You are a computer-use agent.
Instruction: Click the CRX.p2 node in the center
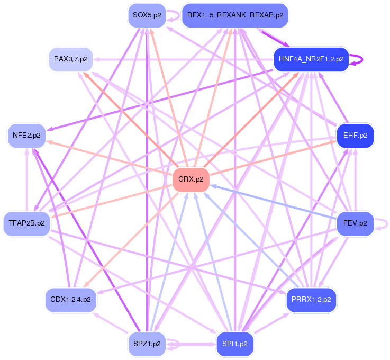(191, 179)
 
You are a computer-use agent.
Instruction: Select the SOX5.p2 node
(147, 15)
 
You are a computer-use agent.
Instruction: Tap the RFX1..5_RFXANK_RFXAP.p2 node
(235, 15)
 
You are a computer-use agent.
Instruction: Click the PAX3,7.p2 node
(70, 58)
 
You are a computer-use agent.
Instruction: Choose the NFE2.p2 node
(26, 135)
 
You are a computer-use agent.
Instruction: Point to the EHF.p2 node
(355, 135)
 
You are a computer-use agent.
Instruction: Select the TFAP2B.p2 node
(26, 223)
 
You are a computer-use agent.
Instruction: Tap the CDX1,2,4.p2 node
(70, 299)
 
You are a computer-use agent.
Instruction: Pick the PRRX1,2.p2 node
(311, 299)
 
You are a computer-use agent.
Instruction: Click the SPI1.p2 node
(235, 344)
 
